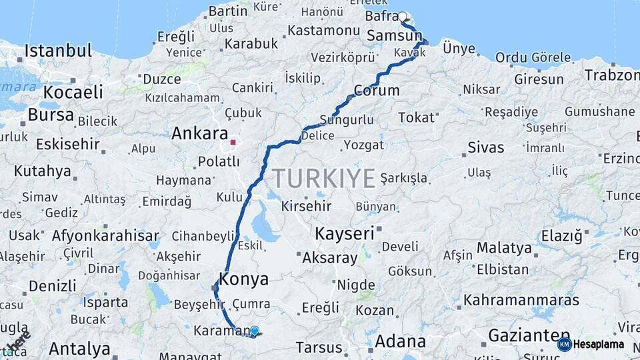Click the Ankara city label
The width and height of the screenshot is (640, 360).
point(199,133)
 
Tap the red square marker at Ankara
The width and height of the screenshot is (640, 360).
point(233,141)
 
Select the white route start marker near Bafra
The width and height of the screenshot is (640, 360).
point(403,16)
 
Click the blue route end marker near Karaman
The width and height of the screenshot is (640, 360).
point(254,331)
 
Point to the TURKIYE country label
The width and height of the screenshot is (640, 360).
point(323,178)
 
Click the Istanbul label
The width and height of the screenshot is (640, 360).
point(58,51)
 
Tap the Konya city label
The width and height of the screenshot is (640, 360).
point(243,279)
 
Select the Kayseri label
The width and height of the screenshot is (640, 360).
point(344,233)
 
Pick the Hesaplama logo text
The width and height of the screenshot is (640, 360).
point(599,345)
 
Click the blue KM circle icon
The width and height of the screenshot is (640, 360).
point(564,345)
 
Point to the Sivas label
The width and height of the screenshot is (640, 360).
point(485,147)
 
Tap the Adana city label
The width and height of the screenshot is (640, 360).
point(400,341)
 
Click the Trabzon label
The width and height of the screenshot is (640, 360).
point(612,75)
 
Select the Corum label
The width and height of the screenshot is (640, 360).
point(377,91)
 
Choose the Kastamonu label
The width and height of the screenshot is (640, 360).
point(324,31)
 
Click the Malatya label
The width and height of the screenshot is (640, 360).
point(504,248)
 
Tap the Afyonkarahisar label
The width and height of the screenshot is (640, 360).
point(105,235)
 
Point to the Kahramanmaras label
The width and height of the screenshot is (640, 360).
point(521,300)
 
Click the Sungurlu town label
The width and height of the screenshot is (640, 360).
point(347,121)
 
